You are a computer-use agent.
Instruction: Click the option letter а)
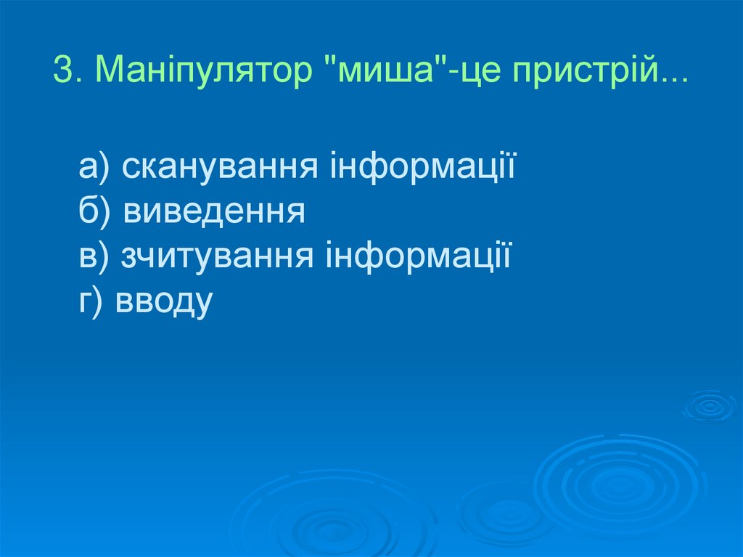tap(94, 168)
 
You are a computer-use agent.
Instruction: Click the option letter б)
tap(94, 212)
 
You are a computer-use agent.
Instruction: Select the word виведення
tap(213, 212)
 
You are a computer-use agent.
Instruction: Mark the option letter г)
tap(93, 300)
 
